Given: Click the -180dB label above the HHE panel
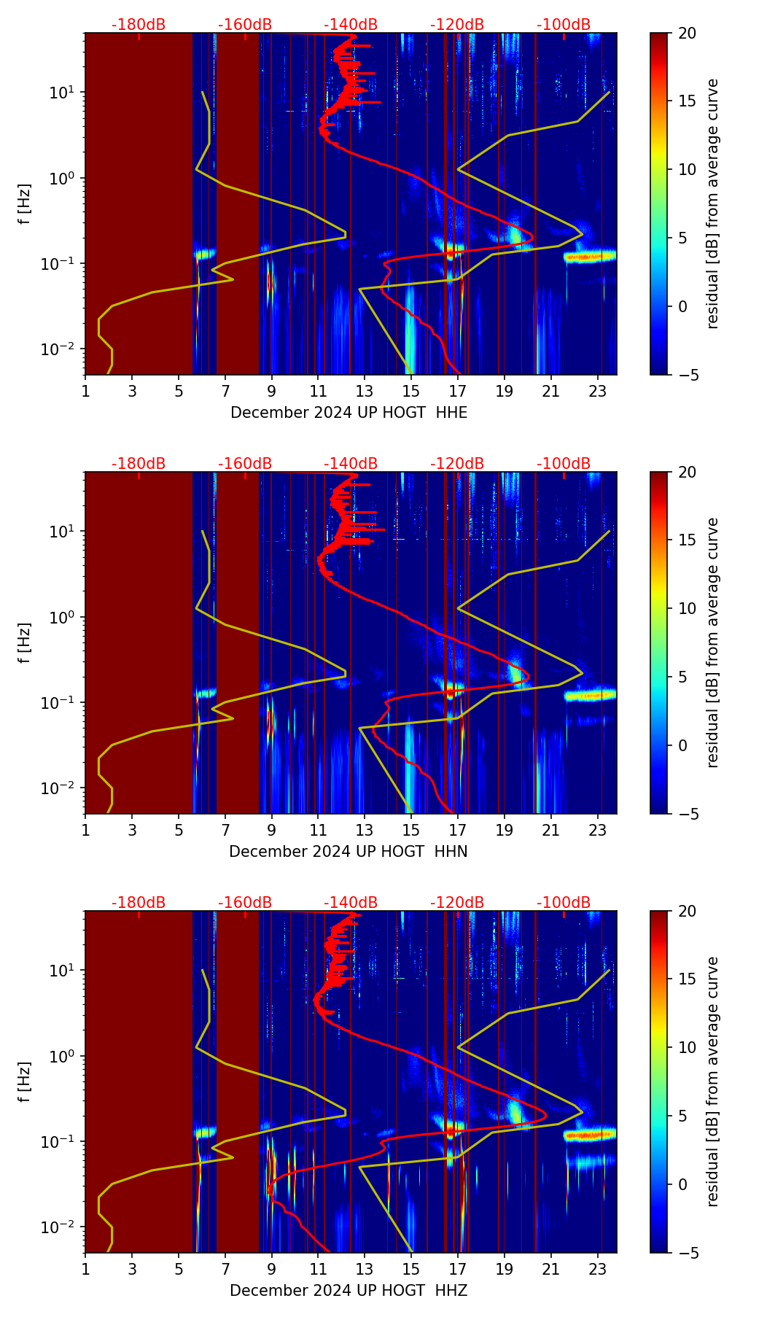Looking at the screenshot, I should coord(139,25).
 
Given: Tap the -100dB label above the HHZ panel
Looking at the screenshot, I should coord(564,903).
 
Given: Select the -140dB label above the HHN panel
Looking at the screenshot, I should coord(351,464).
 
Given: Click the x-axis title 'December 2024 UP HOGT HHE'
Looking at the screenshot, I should coord(349,413).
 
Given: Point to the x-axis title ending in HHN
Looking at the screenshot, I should coord(349,852).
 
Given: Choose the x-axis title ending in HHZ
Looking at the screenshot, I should coord(349,1291).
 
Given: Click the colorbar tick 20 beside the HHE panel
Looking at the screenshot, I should coord(688,33).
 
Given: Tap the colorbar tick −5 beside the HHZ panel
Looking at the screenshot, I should coord(687,1253).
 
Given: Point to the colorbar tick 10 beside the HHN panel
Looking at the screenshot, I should coord(688,608).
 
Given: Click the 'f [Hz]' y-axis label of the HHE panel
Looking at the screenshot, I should coord(24,203).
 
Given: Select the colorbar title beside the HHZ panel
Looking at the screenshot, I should coord(713,1081).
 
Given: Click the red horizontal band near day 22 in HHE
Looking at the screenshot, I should coord(591,256).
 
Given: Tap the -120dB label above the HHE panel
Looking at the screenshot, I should coord(457,25).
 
